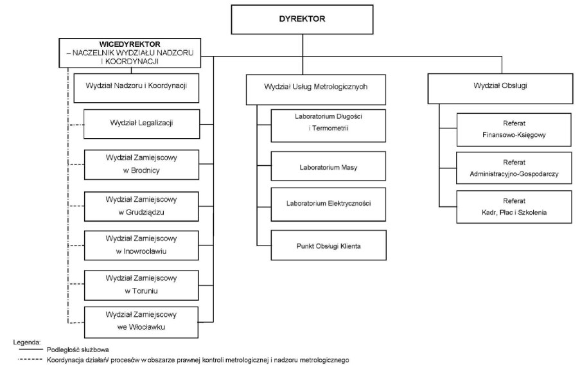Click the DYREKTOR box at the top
tap(302, 19)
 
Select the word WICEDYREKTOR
tap(130, 44)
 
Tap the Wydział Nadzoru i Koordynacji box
tap(136, 88)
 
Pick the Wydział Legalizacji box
tap(142, 124)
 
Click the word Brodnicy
tap(141, 170)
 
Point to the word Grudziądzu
tap(141, 213)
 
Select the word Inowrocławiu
tap(141, 251)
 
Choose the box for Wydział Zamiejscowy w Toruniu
tap(141, 285)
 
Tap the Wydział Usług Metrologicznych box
tap(316, 89)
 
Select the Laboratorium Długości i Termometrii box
tap(328, 125)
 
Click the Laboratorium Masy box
tap(328, 166)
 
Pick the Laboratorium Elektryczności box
tap(328, 204)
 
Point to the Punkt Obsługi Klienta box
tap(328, 245)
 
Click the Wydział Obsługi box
tap(500, 89)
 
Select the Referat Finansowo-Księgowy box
tap(514, 130)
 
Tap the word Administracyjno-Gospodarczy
tap(514, 174)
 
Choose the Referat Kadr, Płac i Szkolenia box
tap(514, 207)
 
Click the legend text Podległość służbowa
tap(78, 350)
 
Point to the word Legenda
tap(26, 342)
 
